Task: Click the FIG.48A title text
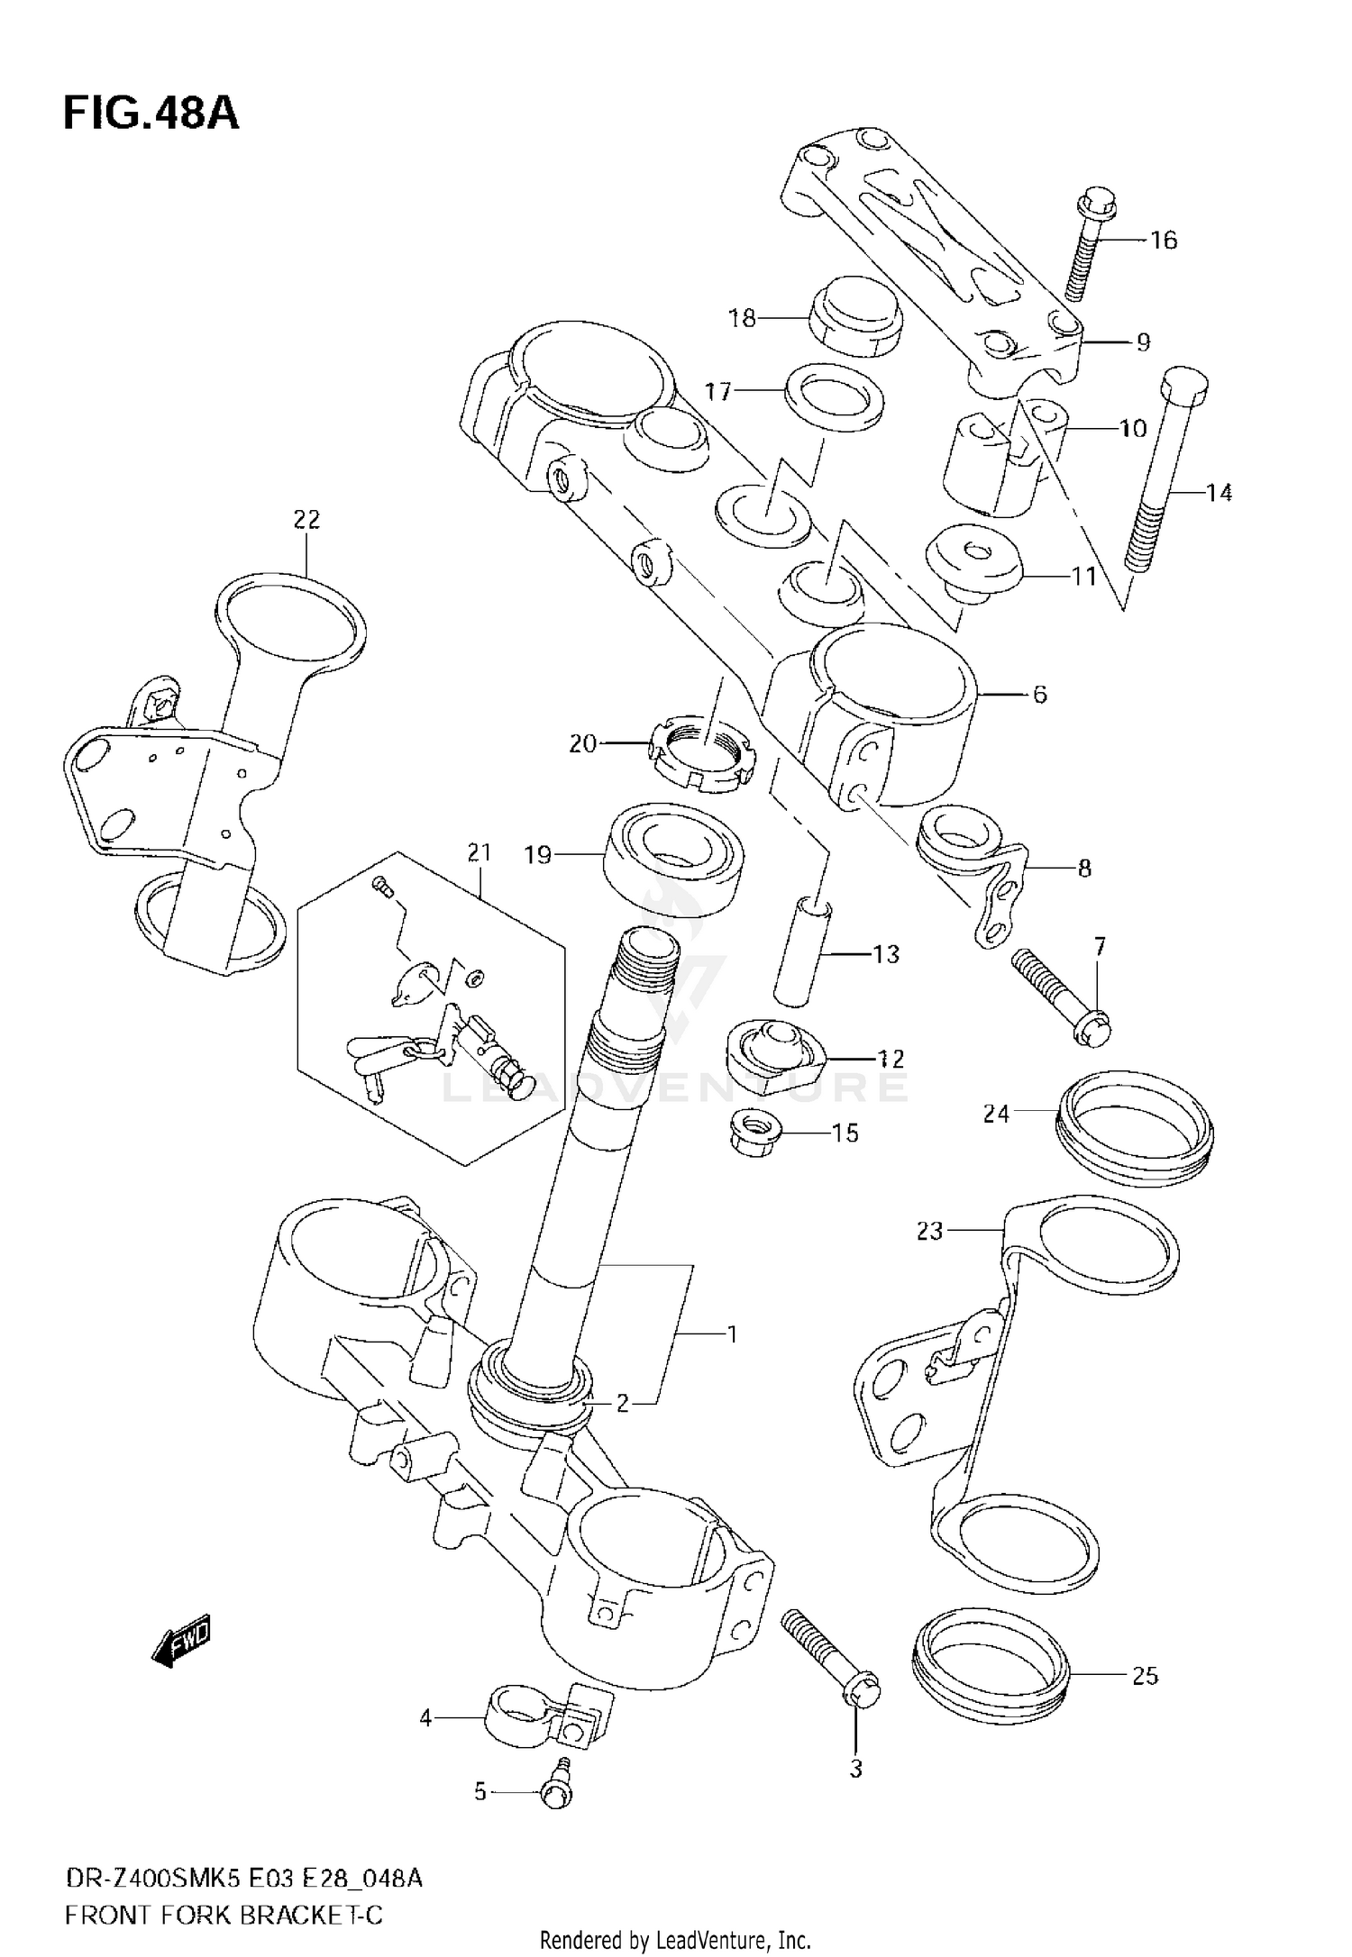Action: tap(151, 114)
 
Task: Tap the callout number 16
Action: tap(1163, 241)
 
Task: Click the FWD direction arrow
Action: tap(181, 1639)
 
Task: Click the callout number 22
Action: tap(306, 519)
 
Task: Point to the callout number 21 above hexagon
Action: tap(480, 851)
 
